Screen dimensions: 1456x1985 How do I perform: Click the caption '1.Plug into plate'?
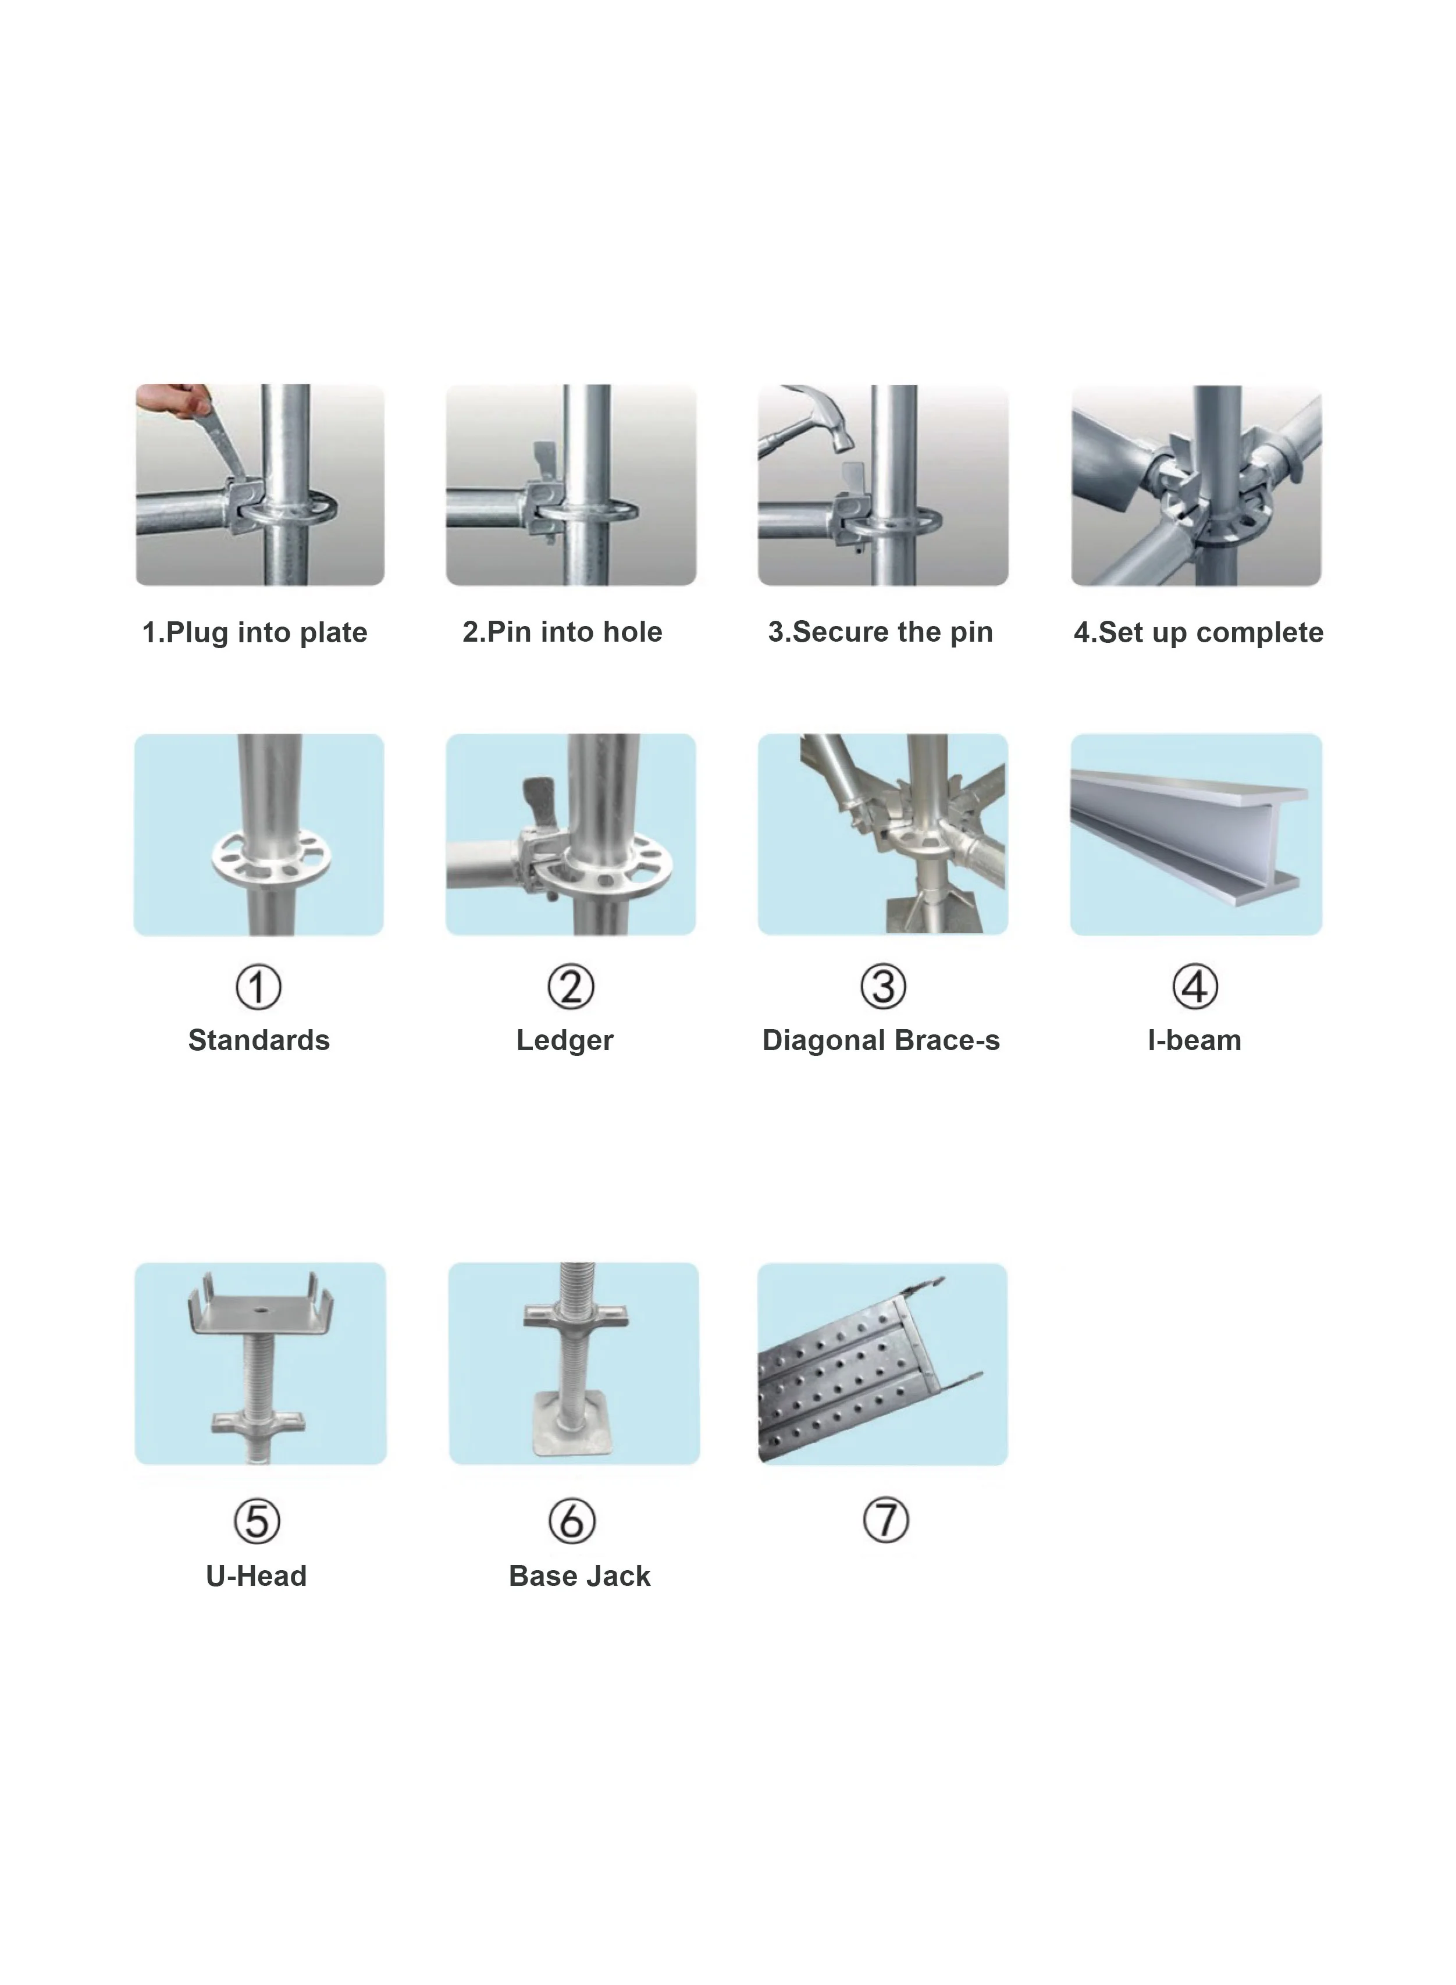click(x=255, y=633)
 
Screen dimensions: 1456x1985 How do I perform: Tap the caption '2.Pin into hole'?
click(x=563, y=632)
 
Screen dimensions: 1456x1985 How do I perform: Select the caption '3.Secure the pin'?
click(x=881, y=632)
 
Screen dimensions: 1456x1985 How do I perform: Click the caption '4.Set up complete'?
click(x=1198, y=633)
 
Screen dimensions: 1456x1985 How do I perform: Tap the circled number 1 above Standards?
click(x=258, y=987)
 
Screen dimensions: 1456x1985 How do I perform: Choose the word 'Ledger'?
click(x=565, y=1040)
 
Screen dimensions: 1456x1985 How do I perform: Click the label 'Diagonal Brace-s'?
click(x=881, y=1040)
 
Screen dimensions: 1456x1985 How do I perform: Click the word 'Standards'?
click(x=258, y=1040)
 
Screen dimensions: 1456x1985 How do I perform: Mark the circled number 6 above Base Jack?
click(x=572, y=1521)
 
